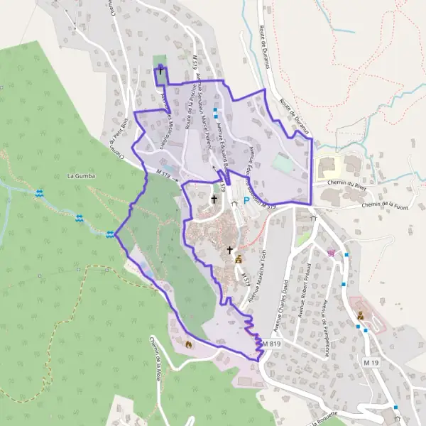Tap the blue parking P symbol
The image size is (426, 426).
(x=246, y=201)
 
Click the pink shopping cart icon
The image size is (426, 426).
(x=331, y=252)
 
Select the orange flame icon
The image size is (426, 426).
(x=188, y=344)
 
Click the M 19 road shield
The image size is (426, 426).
(x=369, y=363)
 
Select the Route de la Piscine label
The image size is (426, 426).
(x=189, y=109)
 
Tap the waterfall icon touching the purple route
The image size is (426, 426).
(x=111, y=234)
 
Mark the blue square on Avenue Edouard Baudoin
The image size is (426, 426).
(x=214, y=110)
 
